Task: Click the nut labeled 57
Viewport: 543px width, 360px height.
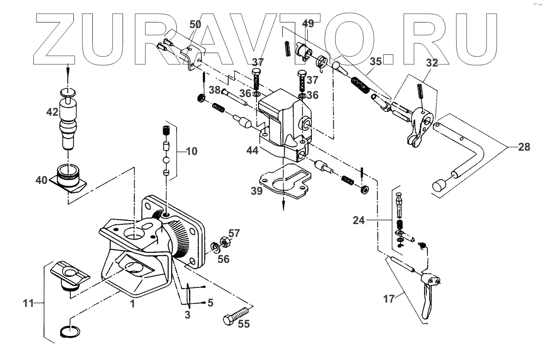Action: click(x=224, y=241)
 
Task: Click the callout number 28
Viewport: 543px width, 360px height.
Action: click(x=524, y=147)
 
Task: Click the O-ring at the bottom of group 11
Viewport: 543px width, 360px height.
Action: click(x=69, y=332)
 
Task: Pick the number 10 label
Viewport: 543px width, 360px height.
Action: click(x=192, y=152)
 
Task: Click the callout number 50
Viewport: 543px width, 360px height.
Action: click(x=196, y=24)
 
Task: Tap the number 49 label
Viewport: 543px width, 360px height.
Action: click(x=308, y=24)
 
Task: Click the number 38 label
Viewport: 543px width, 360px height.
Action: click(x=215, y=91)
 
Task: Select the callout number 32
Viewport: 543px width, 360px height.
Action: click(x=432, y=63)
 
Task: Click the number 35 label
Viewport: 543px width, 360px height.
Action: click(x=376, y=61)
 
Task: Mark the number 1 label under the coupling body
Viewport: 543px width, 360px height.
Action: click(x=133, y=305)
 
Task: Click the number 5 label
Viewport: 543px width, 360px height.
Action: click(x=210, y=303)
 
